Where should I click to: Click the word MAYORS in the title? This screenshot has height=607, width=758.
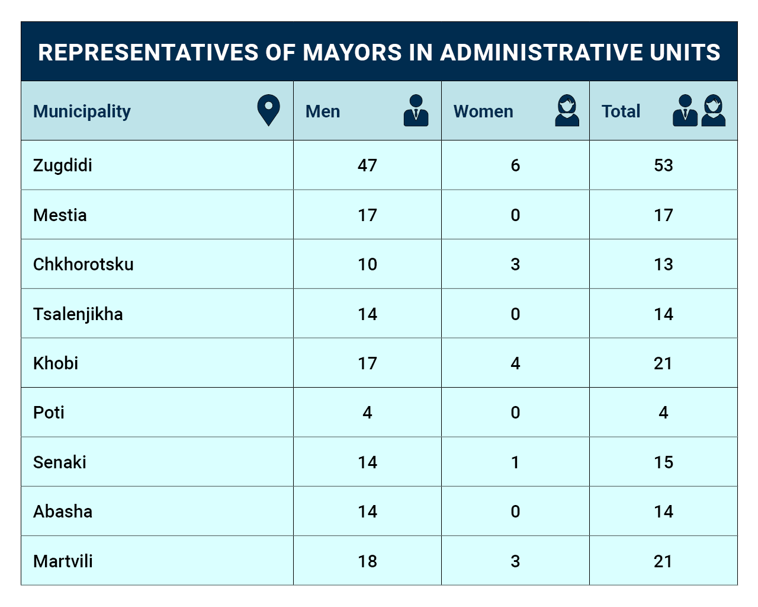[352, 53]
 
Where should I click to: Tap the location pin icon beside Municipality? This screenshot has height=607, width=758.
[268, 110]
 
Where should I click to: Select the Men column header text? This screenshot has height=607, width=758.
[323, 111]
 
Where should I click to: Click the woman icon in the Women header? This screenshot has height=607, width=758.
[567, 110]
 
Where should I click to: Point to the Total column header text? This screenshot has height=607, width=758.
[621, 111]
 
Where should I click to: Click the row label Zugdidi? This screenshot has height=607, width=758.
[62, 165]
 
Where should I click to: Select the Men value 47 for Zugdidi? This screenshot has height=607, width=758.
[367, 165]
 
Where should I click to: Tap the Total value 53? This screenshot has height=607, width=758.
[663, 165]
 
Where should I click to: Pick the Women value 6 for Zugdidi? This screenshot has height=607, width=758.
[515, 165]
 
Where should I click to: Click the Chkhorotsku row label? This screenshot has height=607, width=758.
[83, 264]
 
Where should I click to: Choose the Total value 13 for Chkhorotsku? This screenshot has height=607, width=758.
[663, 264]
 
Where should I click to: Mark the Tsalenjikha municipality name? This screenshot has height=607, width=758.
[78, 314]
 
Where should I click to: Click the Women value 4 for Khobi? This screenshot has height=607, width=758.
[515, 363]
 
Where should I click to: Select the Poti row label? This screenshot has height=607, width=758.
[49, 413]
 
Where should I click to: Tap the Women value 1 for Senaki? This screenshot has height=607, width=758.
[515, 462]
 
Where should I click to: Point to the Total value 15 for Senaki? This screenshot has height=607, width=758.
[663, 462]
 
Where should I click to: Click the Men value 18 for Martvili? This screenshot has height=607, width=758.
[367, 561]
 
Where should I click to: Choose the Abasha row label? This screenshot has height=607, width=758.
[63, 512]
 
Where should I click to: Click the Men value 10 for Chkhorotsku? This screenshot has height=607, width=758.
[367, 264]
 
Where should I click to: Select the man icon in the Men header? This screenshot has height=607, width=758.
[416, 110]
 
